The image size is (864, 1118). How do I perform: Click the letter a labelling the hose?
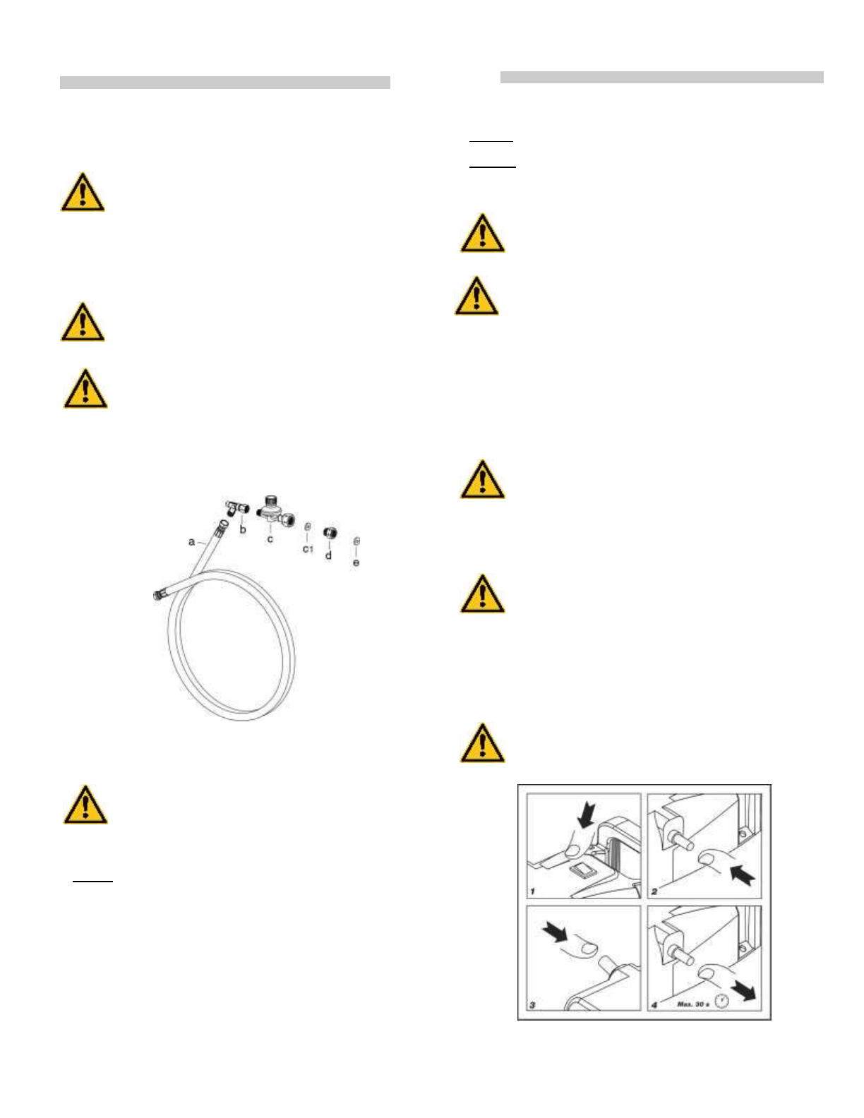[x=191, y=541]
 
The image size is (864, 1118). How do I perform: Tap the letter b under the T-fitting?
[x=243, y=529]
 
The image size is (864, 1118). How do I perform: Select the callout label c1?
[x=308, y=548]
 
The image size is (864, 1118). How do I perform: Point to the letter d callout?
[x=328, y=555]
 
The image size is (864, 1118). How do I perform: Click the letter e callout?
[x=356, y=563]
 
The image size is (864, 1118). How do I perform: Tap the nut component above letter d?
[x=329, y=532]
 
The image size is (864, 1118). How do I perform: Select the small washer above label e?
[x=356, y=541]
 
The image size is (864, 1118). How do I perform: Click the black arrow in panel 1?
[x=586, y=817]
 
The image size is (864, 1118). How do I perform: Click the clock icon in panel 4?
[x=721, y=1001]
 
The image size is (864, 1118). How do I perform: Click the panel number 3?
[x=533, y=1004]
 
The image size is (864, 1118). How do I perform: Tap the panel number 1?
[x=533, y=891]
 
